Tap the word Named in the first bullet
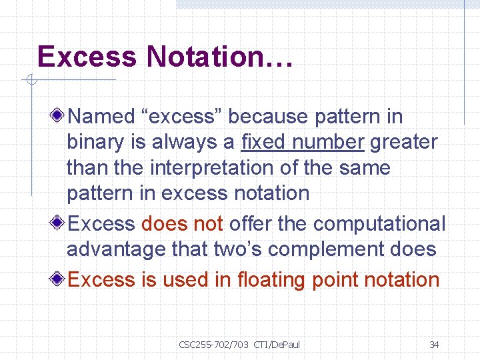(x=101, y=117)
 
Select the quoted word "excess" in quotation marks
(x=181, y=117)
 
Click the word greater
(x=404, y=142)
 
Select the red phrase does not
(x=182, y=224)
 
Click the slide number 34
(x=434, y=345)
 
